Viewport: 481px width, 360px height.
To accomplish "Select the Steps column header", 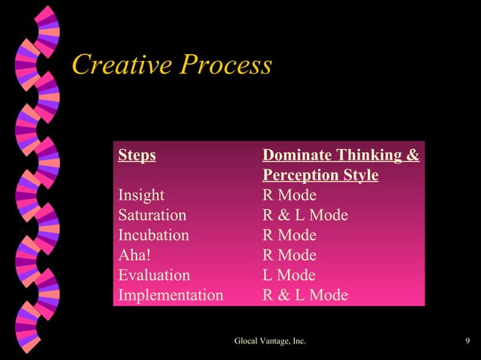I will click(x=136, y=156).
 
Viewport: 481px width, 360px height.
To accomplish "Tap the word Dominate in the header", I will click(x=293, y=156).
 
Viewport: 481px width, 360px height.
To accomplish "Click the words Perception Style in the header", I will click(x=320, y=175).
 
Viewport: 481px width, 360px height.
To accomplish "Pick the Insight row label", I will click(x=141, y=196).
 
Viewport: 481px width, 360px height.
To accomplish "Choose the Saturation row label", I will click(x=152, y=215).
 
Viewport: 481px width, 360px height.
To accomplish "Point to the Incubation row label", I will click(x=153, y=235).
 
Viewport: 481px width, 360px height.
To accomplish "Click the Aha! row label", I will click(x=134, y=255).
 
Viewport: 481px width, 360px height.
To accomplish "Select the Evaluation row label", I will click(x=154, y=275).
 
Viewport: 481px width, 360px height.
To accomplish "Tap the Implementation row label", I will click(x=170, y=294).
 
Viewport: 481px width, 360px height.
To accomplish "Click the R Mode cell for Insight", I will click(x=289, y=196).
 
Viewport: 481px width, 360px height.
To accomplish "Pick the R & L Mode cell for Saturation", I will click(x=305, y=215).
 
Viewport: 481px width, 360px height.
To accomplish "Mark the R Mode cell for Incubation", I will click(x=289, y=235).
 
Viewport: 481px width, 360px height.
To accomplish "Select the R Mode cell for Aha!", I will click(x=289, y=255).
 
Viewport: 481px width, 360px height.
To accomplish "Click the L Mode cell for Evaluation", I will click(x=288, y=275).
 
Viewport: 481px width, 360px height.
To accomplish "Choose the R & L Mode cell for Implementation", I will click(x=305, y=294).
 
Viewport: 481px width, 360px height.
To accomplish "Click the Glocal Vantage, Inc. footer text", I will click(x=270, y=342).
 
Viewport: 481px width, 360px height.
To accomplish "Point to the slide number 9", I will click(x=468, y=342).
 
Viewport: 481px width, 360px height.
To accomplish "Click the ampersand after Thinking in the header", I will click(x=412, y=156).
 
